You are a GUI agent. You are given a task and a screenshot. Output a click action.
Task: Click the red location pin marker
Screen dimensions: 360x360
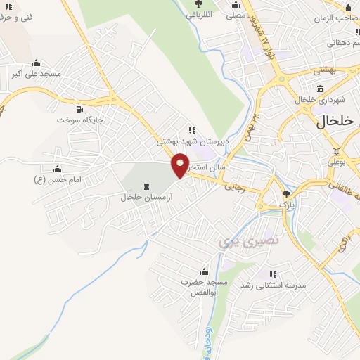coord(181,165)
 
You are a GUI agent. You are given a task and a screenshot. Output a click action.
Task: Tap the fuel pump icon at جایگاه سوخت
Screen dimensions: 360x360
coord(78,109)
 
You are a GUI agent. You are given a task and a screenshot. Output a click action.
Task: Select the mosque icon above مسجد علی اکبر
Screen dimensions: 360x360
coord(36,63)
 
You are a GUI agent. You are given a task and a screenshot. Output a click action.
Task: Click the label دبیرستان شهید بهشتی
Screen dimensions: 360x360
coord(191,141)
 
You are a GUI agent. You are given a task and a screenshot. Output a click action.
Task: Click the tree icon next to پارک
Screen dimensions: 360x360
coord(285,194)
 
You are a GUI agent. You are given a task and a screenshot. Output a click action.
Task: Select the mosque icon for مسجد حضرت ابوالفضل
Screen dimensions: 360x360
coord(205,272)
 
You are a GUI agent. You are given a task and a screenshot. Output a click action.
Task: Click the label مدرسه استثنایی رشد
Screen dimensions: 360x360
coord(271,285)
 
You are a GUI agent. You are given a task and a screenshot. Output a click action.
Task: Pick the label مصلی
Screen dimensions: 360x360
coord(236,14)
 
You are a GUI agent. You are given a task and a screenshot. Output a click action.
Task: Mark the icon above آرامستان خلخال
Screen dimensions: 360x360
coord(146,187)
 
